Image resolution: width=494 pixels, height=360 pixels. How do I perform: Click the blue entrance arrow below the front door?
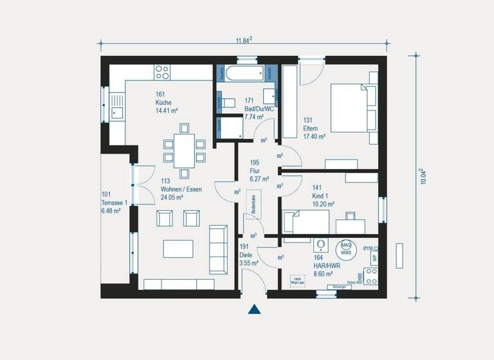tap(255, 309)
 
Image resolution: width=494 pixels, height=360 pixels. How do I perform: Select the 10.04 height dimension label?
tap(423, 176)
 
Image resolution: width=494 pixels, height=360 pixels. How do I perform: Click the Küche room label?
tap(163, 102)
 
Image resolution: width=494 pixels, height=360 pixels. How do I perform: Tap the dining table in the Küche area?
tap(184, 151)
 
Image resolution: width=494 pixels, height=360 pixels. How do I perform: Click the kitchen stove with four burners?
tap(162, 71)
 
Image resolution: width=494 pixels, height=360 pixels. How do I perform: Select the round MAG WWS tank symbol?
tap(345, 248)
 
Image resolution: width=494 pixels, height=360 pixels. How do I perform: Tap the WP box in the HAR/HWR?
tap(372, 258)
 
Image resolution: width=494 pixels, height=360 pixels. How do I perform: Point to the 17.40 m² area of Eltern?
tap(314, 136)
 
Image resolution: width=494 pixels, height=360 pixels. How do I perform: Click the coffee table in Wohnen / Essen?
tap(178, 249)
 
